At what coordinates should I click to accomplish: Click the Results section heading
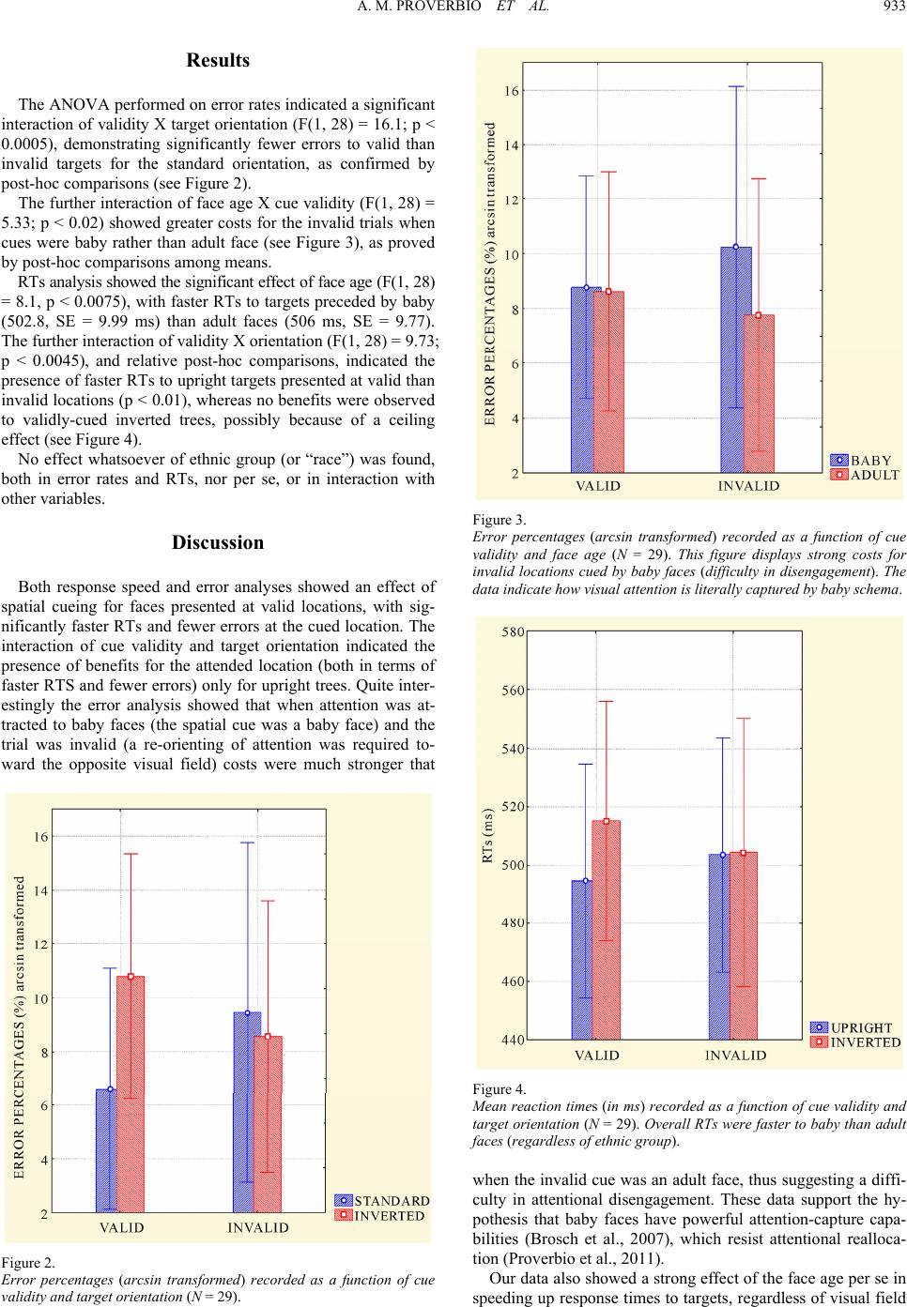click(x=218, y=60)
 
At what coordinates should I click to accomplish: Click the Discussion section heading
click(x=218, y=542)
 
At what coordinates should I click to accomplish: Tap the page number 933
click(x=895, y=8)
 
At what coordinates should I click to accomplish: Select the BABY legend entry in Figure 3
click(x=860, y=461)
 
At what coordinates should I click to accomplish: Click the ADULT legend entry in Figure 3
click(x=865, y=475)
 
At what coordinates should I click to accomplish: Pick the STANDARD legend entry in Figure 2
click(x=382, y=1201)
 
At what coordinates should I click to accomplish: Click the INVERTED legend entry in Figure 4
click(x=855, y=1042)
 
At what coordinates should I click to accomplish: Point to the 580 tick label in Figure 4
click(x=514, y=631)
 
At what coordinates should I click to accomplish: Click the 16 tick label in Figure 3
click(x=513, y=91)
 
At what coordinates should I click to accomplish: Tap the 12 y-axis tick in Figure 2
click(x=41, y=945)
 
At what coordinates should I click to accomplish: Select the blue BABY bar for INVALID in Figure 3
click(x=735, y=359)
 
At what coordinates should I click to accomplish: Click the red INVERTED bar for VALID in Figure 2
click(x=131, y=1094)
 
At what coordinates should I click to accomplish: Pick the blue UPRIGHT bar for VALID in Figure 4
click(x=581, y=960)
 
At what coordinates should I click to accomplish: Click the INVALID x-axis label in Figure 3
click(x=748, y=486)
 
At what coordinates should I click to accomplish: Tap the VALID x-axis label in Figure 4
click(x=597, y=1056)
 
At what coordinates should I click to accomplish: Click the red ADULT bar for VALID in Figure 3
click(x=608, y=382)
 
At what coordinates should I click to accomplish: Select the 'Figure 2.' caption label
click(x=28, y=1263)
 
